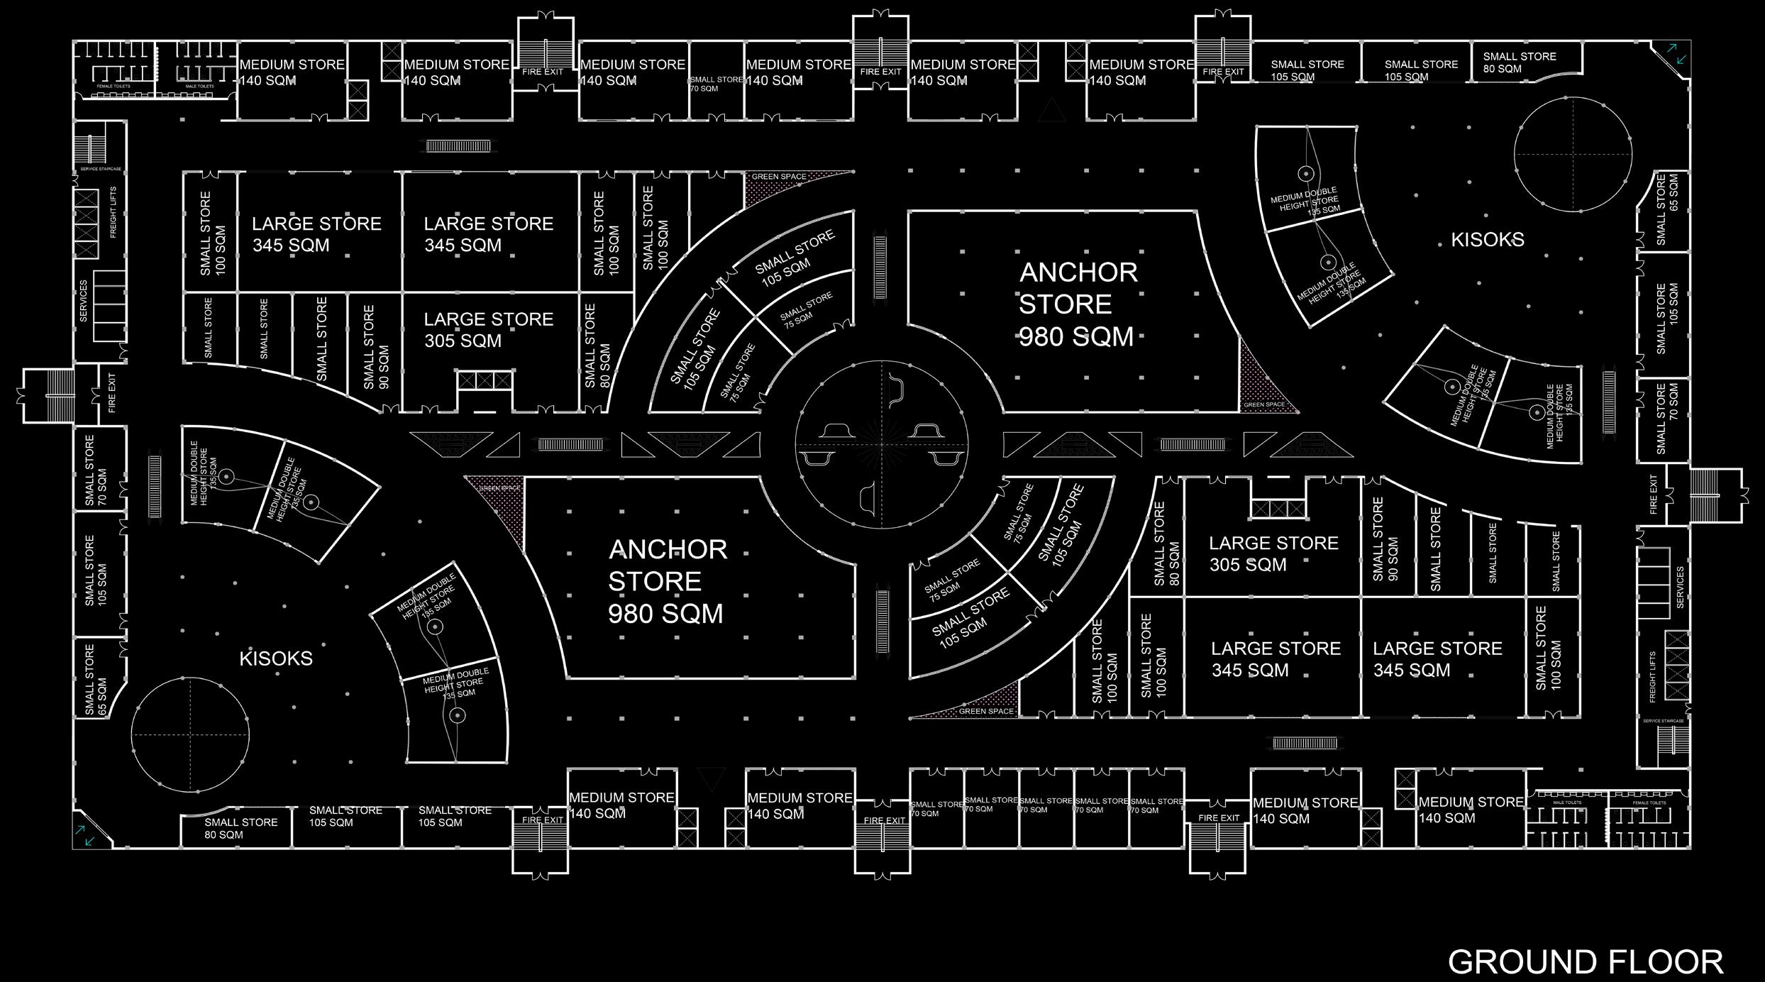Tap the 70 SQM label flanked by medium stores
click(x=716, y=84)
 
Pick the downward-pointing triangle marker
click(x=712, y=779)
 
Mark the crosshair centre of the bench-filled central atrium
click(x=882, y=445)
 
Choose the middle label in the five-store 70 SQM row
click(x=1046, y=805)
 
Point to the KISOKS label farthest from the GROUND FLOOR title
click(x=276, y=658)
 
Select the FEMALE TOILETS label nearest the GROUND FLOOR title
click(x=1649, y=803)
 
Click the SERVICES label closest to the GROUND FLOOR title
click(x=1679, y=587)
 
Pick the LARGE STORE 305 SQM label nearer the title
click(x=1273, y=554)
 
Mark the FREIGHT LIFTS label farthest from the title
click(x=113, y=213)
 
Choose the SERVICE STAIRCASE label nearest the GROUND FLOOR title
click(x=1663, y=721)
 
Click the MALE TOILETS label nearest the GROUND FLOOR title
click(x=1568, y=803)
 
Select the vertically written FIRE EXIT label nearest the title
click(x=1654, y=495)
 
